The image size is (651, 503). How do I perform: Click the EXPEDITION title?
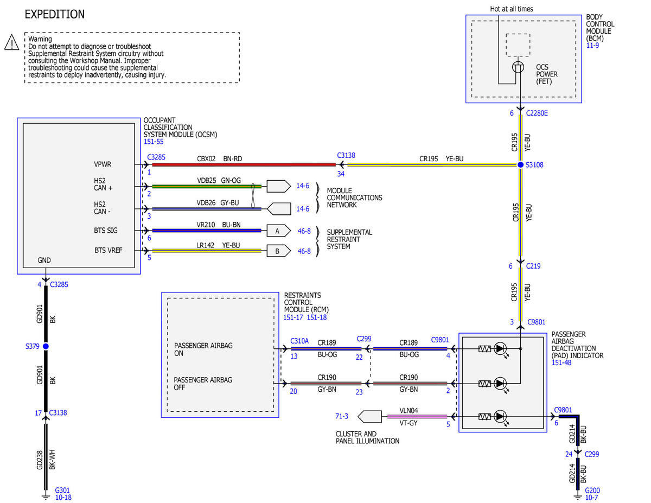pyautogui.click(x=55, y=15)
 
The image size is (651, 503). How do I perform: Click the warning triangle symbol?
pyautogui.click(x=12, y=42)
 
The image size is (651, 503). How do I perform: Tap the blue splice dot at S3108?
pyautogui.click(x=520, y=164)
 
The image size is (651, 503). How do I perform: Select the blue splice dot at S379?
pyautogui.click(x=46, y=346)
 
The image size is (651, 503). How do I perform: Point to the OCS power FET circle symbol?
pyautogui.click(x=518, y=67)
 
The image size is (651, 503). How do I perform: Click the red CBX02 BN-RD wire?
pyautogui.click(x=244, y=164)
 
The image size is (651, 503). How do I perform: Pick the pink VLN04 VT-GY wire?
pyautogui.click(x=417, y=416)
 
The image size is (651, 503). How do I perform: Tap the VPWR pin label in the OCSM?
pyautogui.click(x=103, y=164)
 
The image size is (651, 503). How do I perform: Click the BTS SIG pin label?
pyautogui.click(x=106, y=231)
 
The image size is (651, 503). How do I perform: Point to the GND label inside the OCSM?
pyautogui.click(x=44, y=260)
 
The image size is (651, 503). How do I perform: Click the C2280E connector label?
pyautogui.click(x=537, y=113)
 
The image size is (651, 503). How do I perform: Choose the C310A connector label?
pyautogui.click(x=299, y=341)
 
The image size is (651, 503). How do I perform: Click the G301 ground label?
pyautogui.click(x=62, y=490)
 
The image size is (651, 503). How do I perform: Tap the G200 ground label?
pyautogui.click(x=592, y=491)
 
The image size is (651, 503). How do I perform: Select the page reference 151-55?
pyautogui.click(x=154, y=142)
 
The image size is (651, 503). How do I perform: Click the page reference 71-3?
pyautogui.click(x=342, y=416)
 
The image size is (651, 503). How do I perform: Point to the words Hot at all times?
pyautogui.click(x=512, y=9)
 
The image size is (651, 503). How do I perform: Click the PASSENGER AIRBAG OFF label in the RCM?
pyautogui.click(x=203, y=384)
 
